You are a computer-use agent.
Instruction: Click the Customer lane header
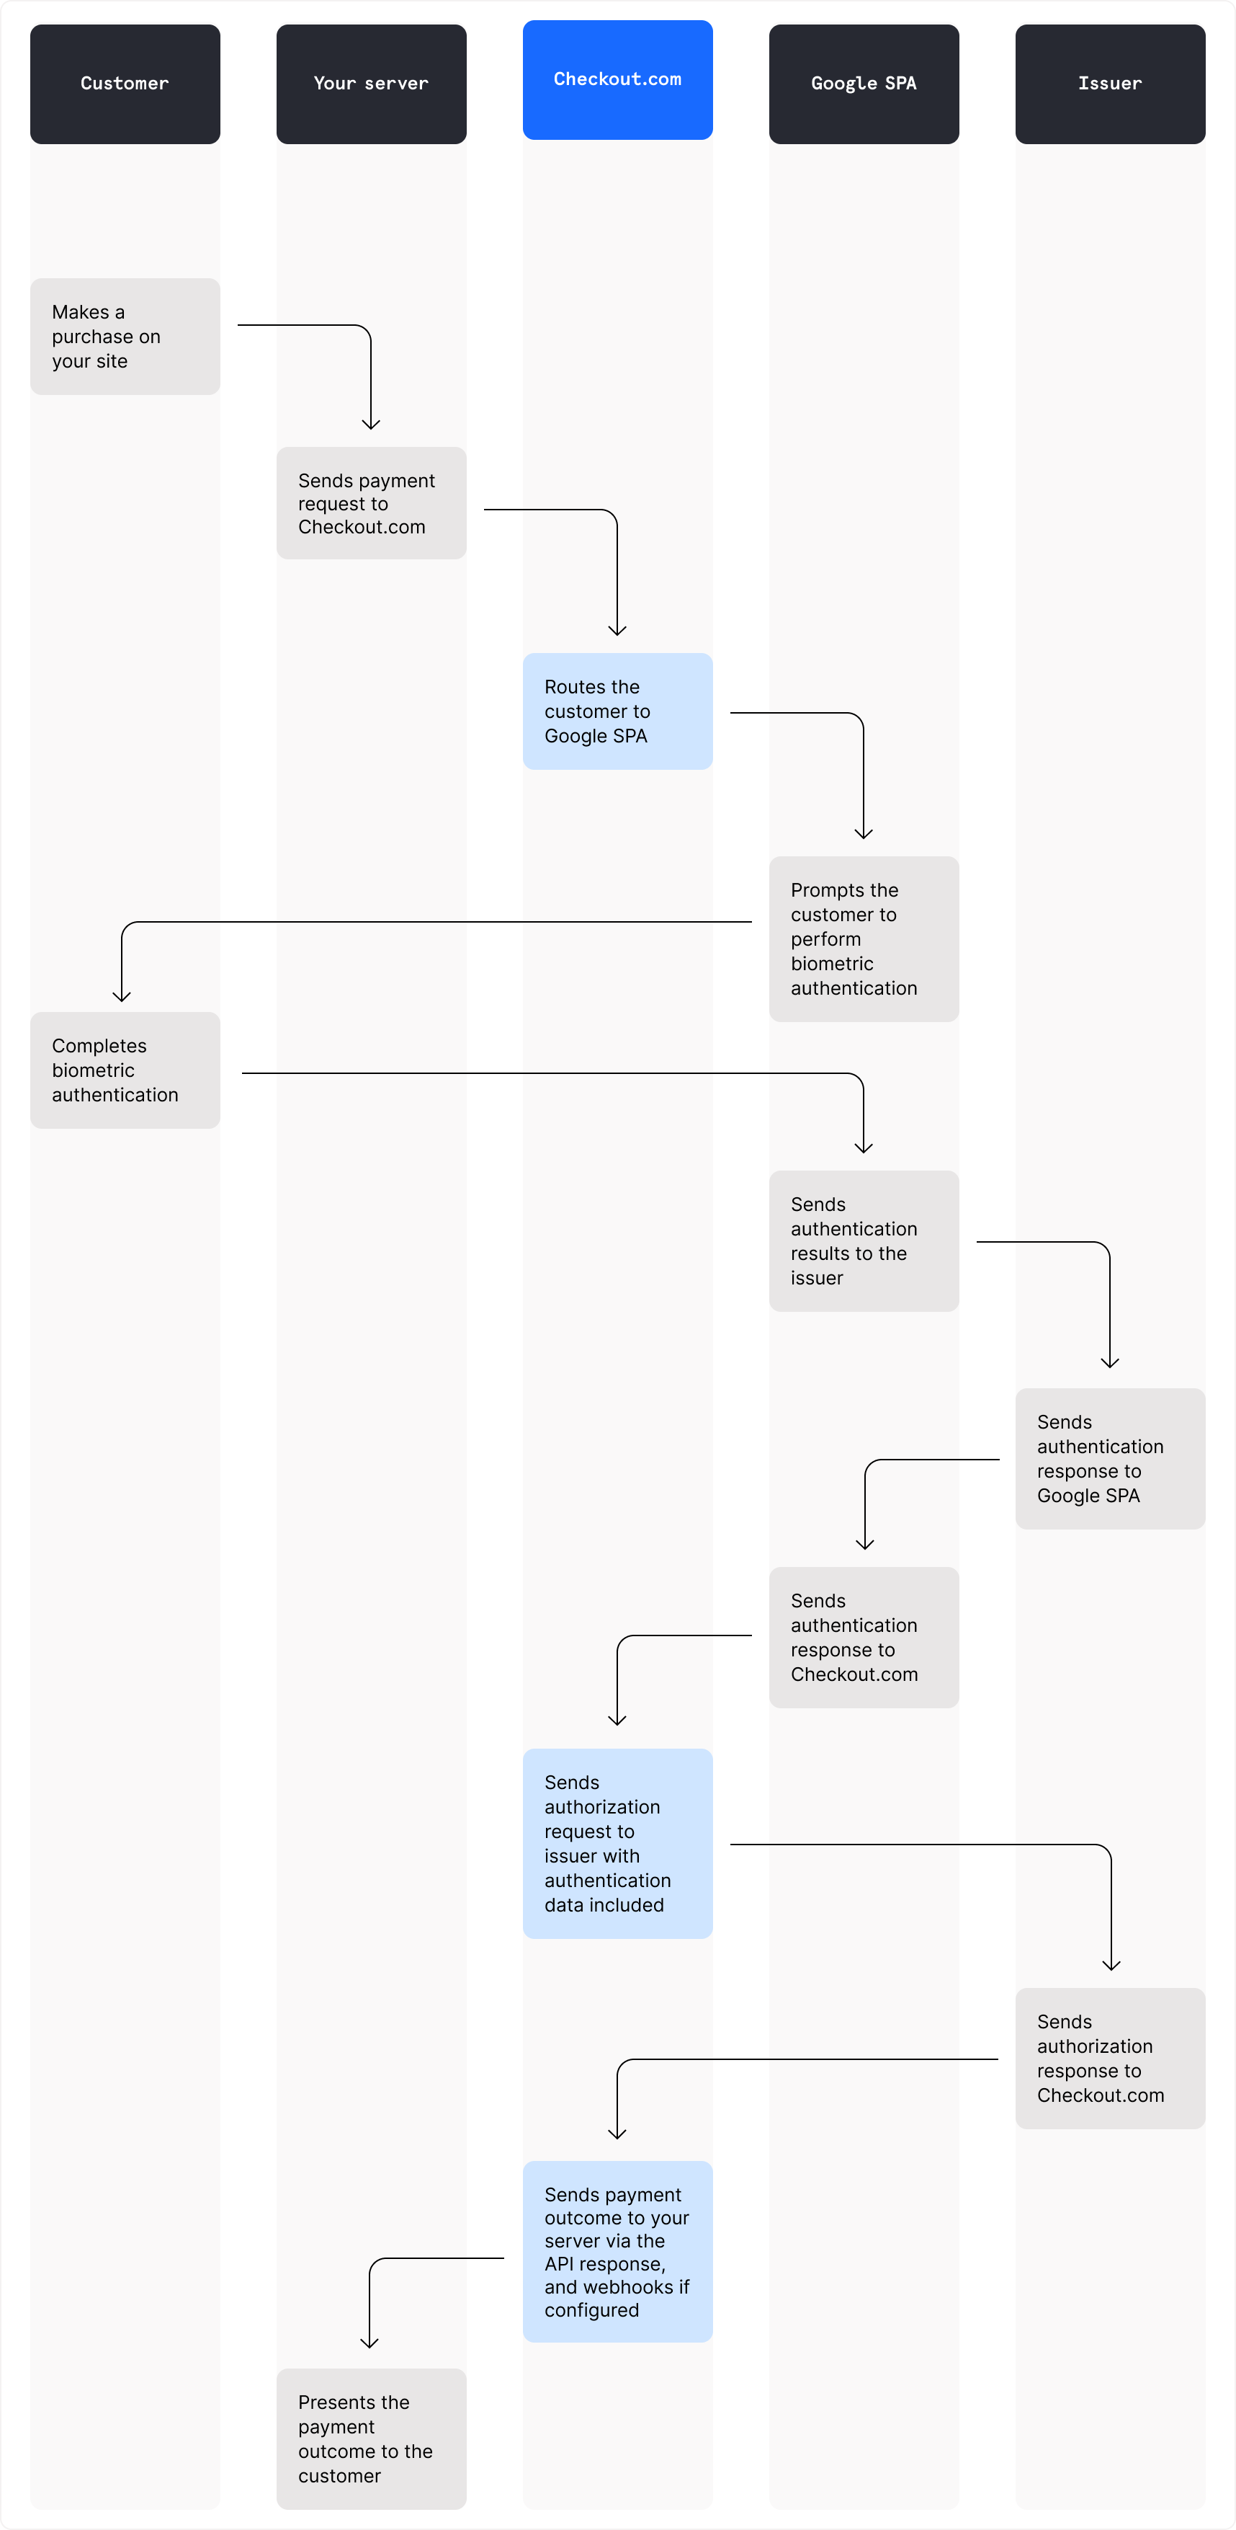click(x=125, y=84)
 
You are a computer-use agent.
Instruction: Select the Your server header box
click(x=371, y=84)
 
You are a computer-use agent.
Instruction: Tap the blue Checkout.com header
click(x=617, y=79)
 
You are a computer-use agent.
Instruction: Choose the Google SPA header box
click(x=864, y=84)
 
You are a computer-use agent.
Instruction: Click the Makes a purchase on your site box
click(x=125, y=336)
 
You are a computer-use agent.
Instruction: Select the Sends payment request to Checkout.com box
click(x=371, y=503)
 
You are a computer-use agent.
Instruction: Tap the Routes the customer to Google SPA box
click(x=617, y=711)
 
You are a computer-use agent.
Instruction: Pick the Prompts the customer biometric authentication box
click(x=864, y=939)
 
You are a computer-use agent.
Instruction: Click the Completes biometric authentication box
click(x=125, y=1070)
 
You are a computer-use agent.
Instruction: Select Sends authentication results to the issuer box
click(x=864, y=1240)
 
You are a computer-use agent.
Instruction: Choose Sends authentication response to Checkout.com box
click(x=864, y=1637)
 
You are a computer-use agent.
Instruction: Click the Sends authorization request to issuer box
click(x=617, y=1844)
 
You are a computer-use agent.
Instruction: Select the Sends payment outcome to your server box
click(x=617, y=2251)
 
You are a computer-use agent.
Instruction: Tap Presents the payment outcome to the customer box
click(x=371, y=2438)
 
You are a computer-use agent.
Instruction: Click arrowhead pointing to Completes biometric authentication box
click(x=122, y=997)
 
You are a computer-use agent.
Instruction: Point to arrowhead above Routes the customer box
click(x=617, y=631)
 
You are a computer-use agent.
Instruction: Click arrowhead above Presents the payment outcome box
click(x=370, y=2343)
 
